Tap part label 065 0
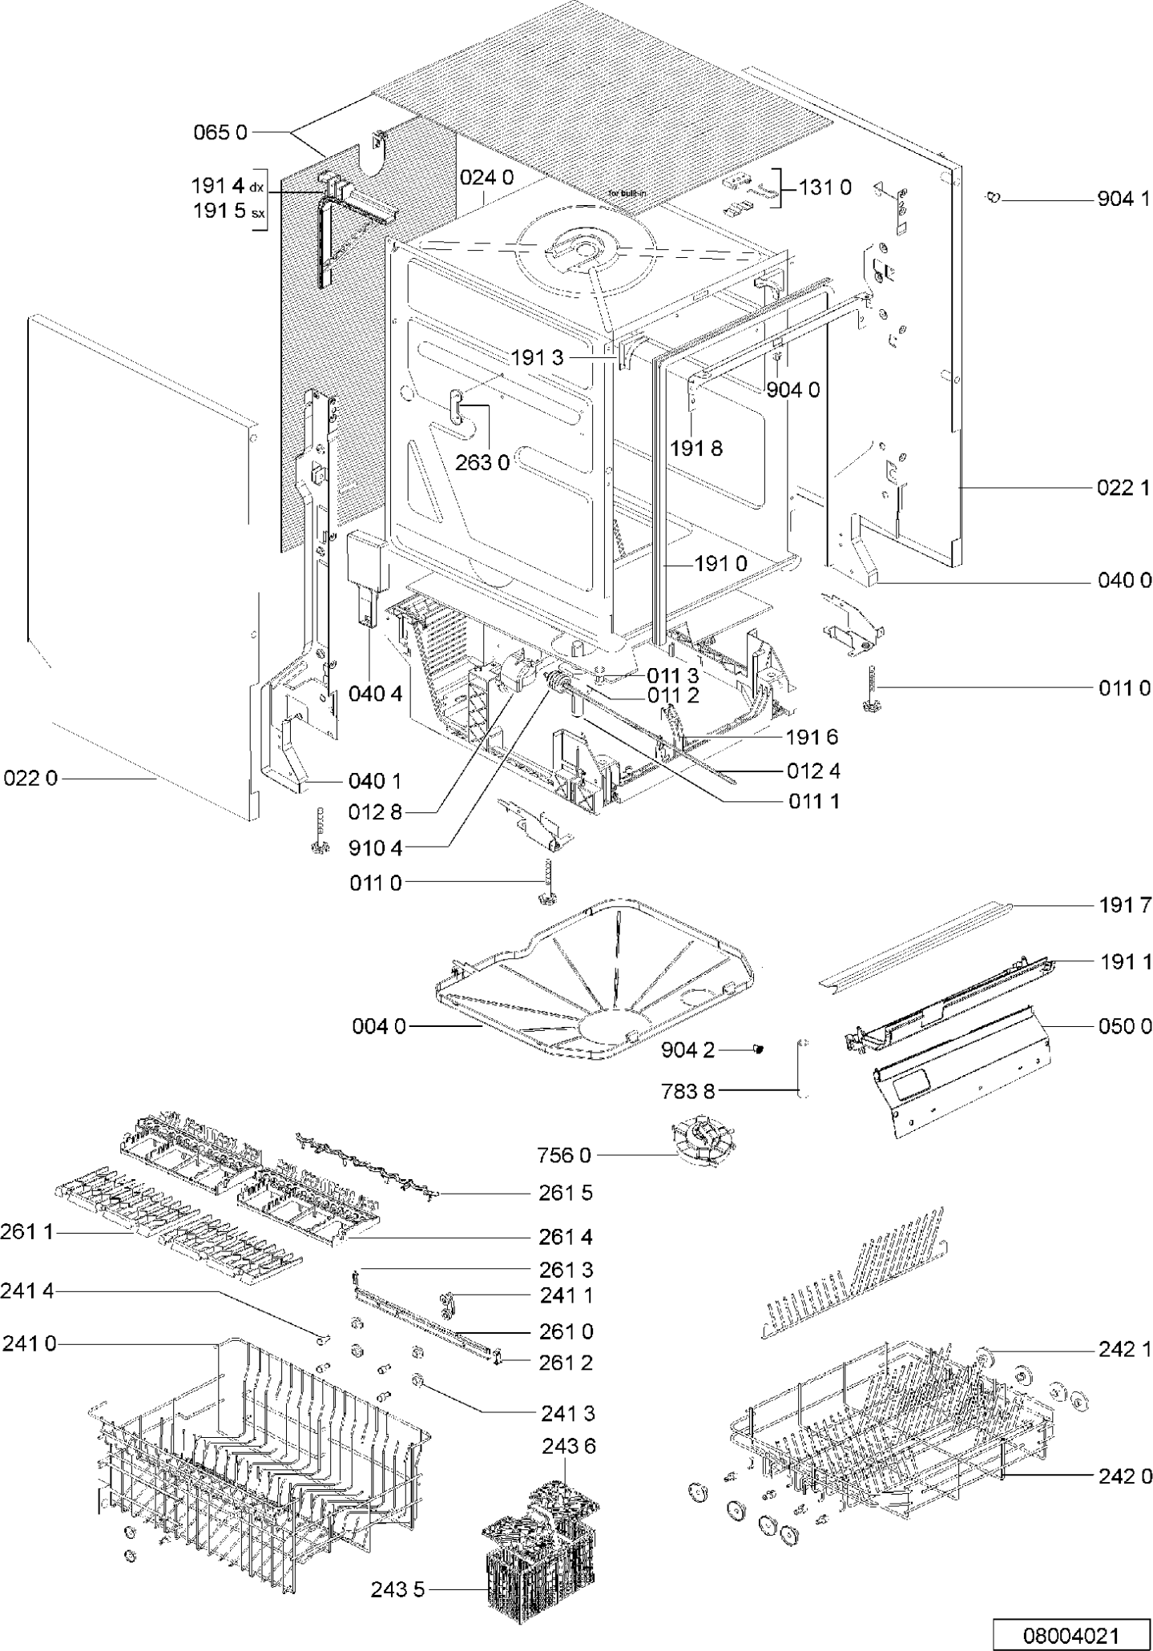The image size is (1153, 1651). (221, 132)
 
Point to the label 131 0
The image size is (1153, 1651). (824, 187)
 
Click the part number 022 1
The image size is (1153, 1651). (1124, 487)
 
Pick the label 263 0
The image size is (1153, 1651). (482, 463)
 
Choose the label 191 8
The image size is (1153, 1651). (696, 448)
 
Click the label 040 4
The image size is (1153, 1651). (375, 694)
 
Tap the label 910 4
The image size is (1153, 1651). (375, 847)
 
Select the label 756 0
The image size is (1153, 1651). (563, 1155)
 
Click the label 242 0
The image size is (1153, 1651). (1124, 1476)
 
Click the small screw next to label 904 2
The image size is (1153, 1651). (759, 1049)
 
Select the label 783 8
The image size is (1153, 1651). (688, 1089)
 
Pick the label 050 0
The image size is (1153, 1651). (1124, 1025)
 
